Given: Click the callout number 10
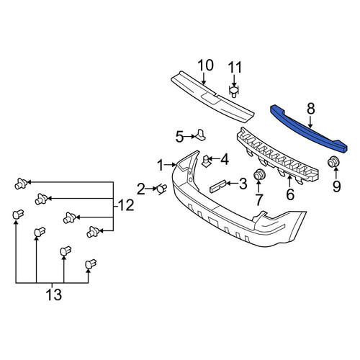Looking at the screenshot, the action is pos(206,66).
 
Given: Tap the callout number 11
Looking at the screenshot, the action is pos(235,68).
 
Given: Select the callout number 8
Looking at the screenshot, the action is pos(310,109).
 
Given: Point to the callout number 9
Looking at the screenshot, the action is pos(336,186).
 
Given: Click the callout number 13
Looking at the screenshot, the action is pos(54,294).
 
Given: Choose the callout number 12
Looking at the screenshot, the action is pos(126,205).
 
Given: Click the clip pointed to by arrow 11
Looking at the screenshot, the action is pos(234,92).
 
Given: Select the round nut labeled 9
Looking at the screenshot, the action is pos(333,162).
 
